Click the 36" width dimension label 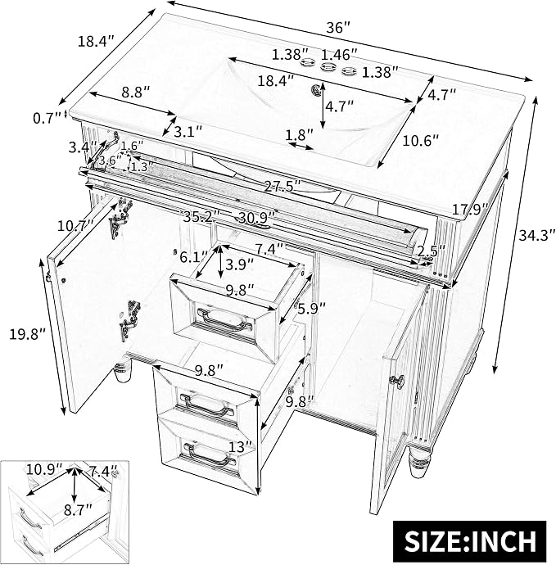(x=337, y=28)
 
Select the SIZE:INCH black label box (x=469, y=540)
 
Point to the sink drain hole (x=317, y=89)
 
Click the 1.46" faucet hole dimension (x=339, y=55)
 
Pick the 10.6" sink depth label (x=421, y=140)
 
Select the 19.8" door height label (x=28, y=334)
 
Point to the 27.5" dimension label (x=283, y=187)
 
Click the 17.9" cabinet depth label (x=470, y=208)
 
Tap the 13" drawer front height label (x=241, y=448)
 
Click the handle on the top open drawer (x=224, y=319)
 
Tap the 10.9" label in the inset (x=44, y=470)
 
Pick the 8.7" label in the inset (x=78, y=510)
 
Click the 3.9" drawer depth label (x=239, y=265)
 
